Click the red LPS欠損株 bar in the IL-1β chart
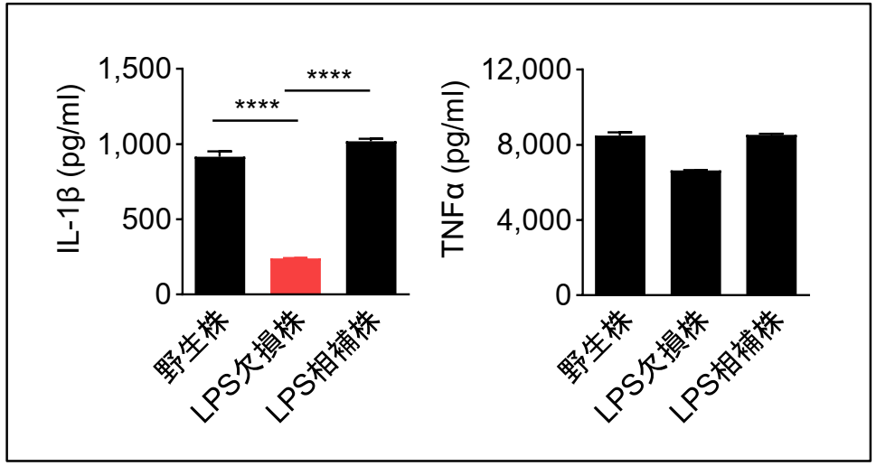pos(296,275)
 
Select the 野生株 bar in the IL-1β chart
pos(220,225)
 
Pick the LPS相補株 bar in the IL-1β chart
pos(372,218)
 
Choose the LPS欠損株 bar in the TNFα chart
pos(695,232)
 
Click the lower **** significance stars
pos(257,106)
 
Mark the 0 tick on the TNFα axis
pos(561,294)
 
